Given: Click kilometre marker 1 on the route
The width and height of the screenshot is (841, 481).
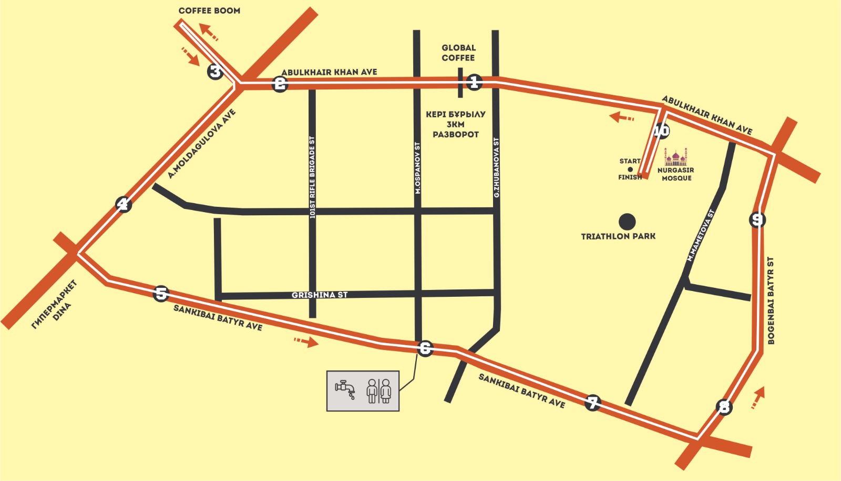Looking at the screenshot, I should click(x=474, y=82).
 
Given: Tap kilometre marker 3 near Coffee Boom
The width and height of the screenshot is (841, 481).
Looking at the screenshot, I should click(x=215, y=71).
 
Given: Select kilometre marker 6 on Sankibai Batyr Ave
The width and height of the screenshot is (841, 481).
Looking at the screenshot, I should click(x=425, y=348).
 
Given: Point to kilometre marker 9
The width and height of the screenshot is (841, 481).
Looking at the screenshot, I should click(x=757, y=219).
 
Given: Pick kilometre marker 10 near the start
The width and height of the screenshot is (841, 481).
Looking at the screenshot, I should click(x=661, y=131).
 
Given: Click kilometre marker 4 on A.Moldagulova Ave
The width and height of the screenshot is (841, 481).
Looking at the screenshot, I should click(x=123, y=204).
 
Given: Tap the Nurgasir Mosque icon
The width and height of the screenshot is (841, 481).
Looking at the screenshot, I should click(x=675, y=157).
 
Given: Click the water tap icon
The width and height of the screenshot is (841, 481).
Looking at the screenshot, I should click(x=345, y=389).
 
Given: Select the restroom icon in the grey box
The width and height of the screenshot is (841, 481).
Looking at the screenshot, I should click(x=379, y=391).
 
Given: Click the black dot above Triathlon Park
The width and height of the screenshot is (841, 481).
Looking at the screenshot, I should click(x=627, y=222).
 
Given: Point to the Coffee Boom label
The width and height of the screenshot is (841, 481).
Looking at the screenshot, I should click(x=209, y=11).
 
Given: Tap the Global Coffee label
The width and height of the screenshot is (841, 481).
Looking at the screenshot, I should click(x=458, y=53).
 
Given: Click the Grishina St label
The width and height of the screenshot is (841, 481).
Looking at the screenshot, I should click(x=320, y=295).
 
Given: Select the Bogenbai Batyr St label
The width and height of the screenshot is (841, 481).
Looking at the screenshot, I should click(x=771, y=300).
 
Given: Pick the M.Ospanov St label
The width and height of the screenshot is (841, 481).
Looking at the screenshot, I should click(x=418, y=168).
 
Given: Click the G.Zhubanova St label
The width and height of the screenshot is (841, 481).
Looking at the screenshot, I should click(x=496, y=168).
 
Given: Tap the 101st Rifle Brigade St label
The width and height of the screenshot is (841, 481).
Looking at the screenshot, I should click(x=312, y=177).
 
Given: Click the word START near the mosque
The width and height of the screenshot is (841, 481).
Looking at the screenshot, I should click(x=630, y=161).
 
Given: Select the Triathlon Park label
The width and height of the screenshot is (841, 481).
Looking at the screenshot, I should click(x=618, y=236).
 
